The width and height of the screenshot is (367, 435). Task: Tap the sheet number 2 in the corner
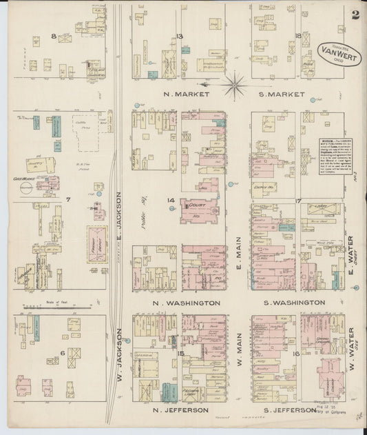355,15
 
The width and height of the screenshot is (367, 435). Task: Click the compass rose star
235,85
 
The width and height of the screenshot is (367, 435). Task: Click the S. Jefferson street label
292,410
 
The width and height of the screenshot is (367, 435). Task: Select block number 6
62,352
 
